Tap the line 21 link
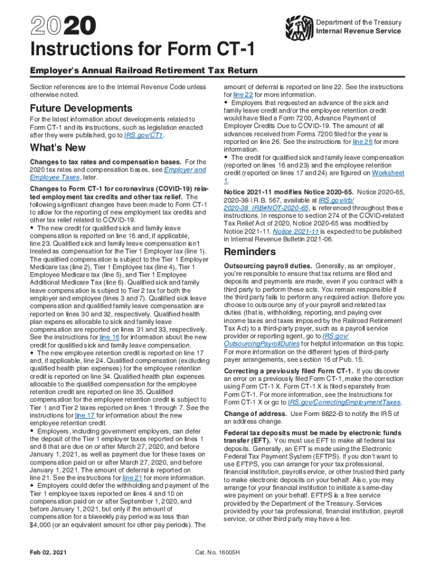[x=133, y=478]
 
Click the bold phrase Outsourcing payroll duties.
[x=268, y=265]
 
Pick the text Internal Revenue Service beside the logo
[x=358, y=31]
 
